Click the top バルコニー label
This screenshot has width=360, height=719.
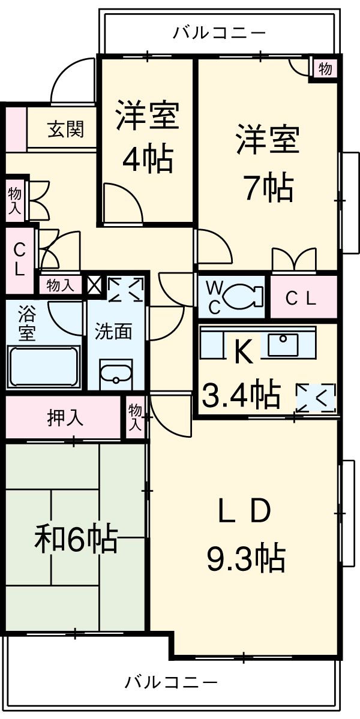click(219, 32)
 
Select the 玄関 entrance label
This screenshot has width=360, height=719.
click(65, 129)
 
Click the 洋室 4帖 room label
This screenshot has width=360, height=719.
click(146, 137)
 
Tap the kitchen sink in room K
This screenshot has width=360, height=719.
click(283, 344)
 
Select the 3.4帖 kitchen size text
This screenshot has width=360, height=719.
click(241, 394)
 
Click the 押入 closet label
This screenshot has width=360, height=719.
click(65, 418)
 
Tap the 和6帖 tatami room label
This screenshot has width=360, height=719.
click(74, 539)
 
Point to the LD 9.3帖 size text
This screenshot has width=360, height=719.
click(245, 559)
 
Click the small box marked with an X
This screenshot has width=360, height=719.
click(95, 284)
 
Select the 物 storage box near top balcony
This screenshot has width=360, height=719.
click(325, 69)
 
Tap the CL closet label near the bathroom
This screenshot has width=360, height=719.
click(19, 259)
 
